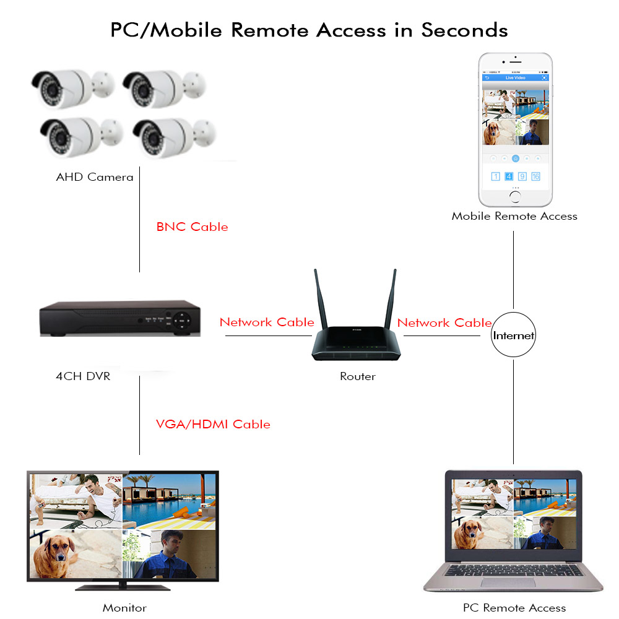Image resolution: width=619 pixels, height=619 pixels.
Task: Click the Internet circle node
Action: pyautogui.click(x=513, y=336)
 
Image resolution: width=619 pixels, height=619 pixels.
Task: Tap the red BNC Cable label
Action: pyautogui.click(x=192, y=227)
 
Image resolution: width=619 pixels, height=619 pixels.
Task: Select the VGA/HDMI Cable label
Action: pyautogui.click(x=213, y=424)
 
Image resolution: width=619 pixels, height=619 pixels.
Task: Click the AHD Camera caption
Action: pyautogui.click(x=95, y=177)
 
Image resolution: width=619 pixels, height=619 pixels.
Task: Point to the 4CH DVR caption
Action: pyautogui.click(x=83, y=376)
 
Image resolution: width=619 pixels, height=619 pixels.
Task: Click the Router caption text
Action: pyautogui.click(x=358, y=376)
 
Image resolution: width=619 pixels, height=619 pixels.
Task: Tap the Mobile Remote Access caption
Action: pyautogui.click(x=514, y=216)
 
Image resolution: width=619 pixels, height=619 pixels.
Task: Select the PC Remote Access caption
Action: pyautogui.click(x=514, y=608)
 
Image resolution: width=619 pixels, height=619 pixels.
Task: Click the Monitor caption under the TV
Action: pyautogui.click(x=124, y=608)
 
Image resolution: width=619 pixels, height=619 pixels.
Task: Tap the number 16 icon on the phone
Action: pyautogui.click(x=535, y=176)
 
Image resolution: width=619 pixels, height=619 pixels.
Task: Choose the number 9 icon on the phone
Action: pyautogui.click(x=522, y=176)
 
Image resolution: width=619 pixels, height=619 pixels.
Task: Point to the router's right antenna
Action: pyautogui.click(x=392, y=297)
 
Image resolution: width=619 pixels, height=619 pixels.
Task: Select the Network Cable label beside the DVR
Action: pyautogui.click(x=267, y=322)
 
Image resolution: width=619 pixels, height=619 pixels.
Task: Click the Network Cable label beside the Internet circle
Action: pyautogui.click(x=444, y=322)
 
